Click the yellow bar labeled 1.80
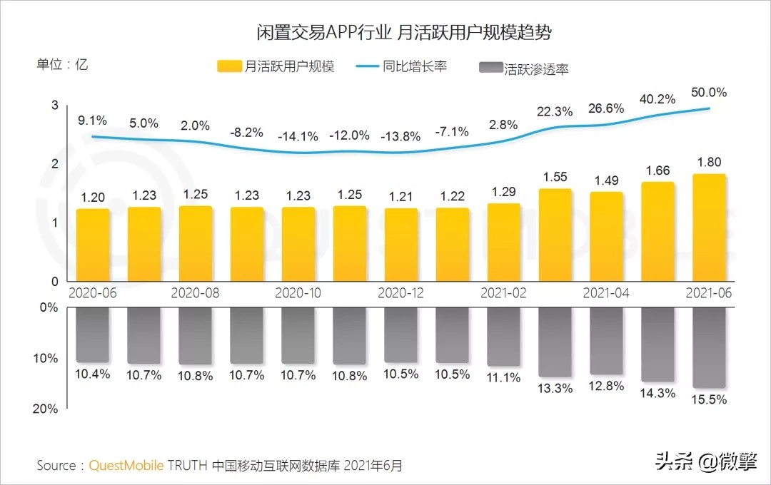pos(709,228)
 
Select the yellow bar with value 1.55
pos(555,235)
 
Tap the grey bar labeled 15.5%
pos(709,348)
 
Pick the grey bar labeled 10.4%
pos(93,335)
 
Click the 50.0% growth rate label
pos(709,93)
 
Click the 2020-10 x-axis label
pos(298,293)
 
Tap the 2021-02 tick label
pos(503,293)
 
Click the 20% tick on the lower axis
pos(48,409)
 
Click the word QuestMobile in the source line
pos(126,466)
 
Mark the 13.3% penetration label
pos(555,388)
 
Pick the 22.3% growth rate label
pos(555,111)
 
